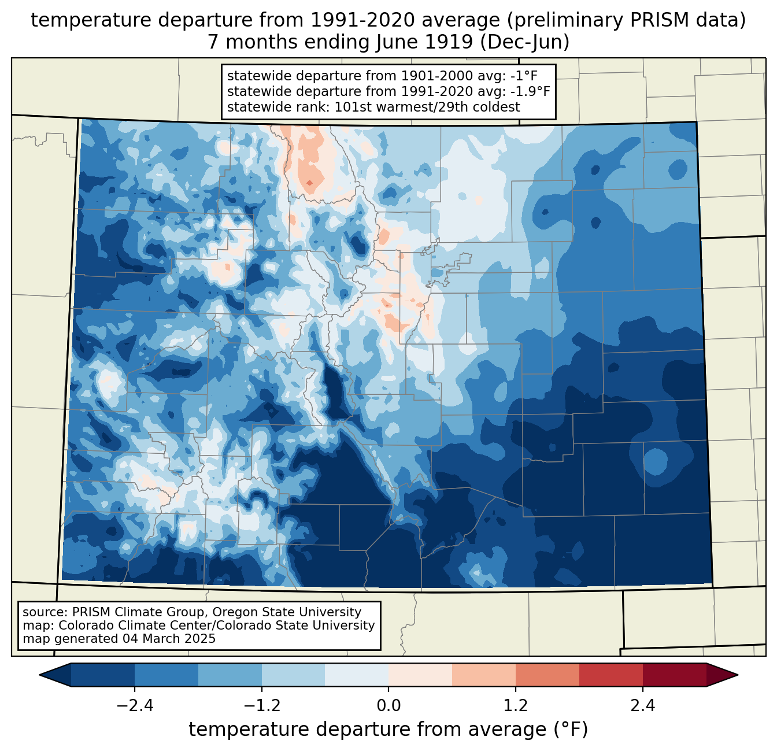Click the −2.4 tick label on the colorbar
[135, 706]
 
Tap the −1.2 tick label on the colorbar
[261, 706]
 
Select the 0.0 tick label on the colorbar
[388, 706]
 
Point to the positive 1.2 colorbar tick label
[516, 706]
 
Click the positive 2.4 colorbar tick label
[642, 706]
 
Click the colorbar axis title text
[388, 730]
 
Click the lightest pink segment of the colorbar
[420, 675]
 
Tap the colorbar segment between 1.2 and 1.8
[547, 675]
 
